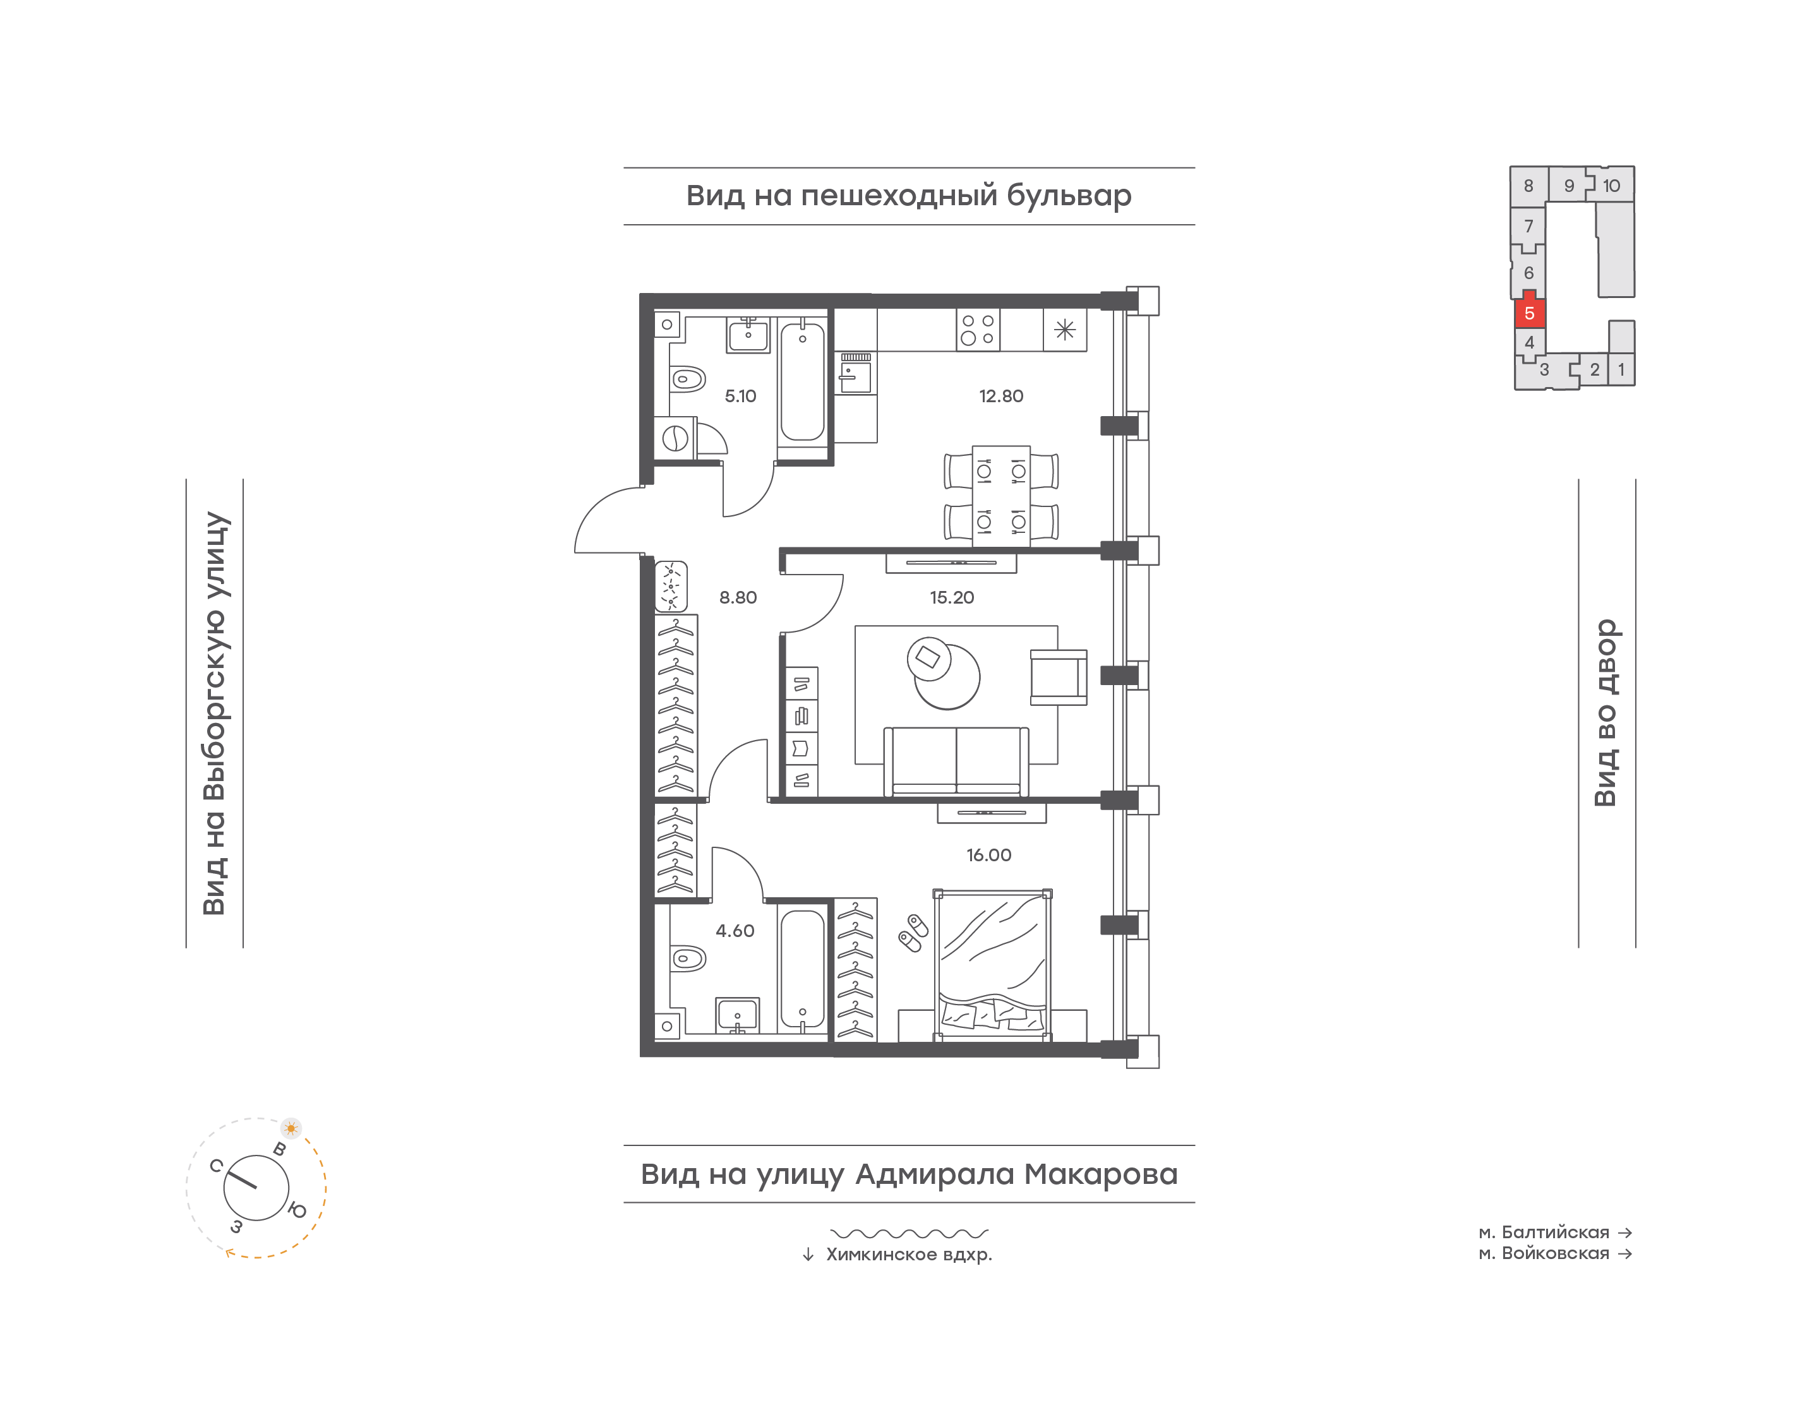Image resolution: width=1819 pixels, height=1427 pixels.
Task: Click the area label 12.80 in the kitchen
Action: click(x=1000, y=396)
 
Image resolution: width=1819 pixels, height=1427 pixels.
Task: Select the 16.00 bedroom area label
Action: click(x=988, y=855)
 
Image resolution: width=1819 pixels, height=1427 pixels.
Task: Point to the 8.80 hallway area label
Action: click(x=738, y=597)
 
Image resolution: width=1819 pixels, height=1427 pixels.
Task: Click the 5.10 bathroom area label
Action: click(x=740, y=396)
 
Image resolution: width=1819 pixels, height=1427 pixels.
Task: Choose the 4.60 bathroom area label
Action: click(x=735, y=931)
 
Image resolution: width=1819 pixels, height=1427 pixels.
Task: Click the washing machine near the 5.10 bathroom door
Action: click(x=675, y=438)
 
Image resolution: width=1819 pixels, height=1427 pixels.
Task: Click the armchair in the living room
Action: click(x=1059, y=678)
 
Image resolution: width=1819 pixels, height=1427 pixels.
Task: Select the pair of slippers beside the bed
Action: click(x=913, y=933)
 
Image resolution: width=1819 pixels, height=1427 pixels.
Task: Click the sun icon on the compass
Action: click(x=291, y=1128)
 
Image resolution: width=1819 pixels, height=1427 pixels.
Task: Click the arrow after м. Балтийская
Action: click(x=1624, y=1233)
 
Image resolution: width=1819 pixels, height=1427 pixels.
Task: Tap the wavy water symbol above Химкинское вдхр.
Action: click(x=909, y=1233)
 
